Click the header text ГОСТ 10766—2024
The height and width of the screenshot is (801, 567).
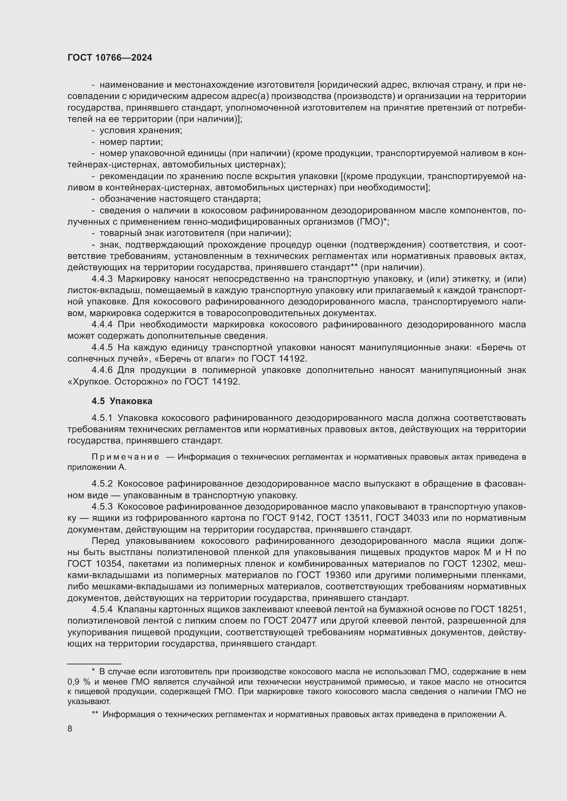click(x=110, y=58)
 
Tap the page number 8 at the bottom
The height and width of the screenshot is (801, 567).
click(x=70, y=728)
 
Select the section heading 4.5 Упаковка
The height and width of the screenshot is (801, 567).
click(x=122, y=401)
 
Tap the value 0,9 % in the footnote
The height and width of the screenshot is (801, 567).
click(x=79, y=682)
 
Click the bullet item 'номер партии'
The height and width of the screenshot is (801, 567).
click(x=131, y=142)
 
